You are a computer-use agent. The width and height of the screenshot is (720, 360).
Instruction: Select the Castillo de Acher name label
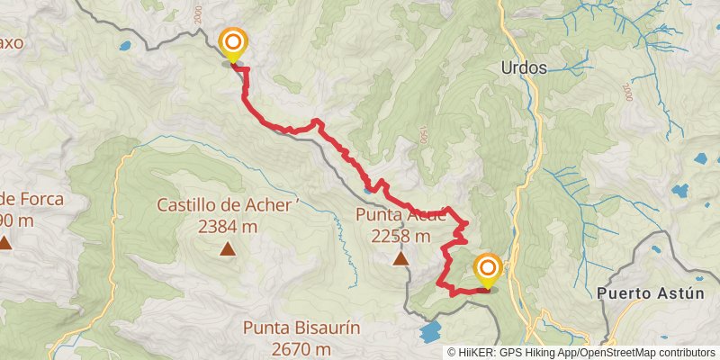[x=225, y=205]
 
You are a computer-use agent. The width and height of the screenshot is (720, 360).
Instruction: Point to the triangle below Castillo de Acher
[x=228, y=249]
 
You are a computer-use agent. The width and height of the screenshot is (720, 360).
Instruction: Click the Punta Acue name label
[x=400, y=215]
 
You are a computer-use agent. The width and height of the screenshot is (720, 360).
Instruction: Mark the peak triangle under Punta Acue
[x=400, y=259]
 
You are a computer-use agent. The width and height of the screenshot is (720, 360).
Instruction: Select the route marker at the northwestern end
[x=233, y=42]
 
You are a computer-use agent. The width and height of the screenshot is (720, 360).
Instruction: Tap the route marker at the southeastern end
[x=488, y=268]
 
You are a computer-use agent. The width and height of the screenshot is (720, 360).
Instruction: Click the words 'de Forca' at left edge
[x=32, y=199]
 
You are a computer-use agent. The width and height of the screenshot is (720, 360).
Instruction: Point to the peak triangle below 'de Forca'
[x=5, y=242]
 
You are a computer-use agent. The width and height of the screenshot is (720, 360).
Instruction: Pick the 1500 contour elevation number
[x=421, y=135]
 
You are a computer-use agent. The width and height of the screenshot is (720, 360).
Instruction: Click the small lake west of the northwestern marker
[x=124, y=44]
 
